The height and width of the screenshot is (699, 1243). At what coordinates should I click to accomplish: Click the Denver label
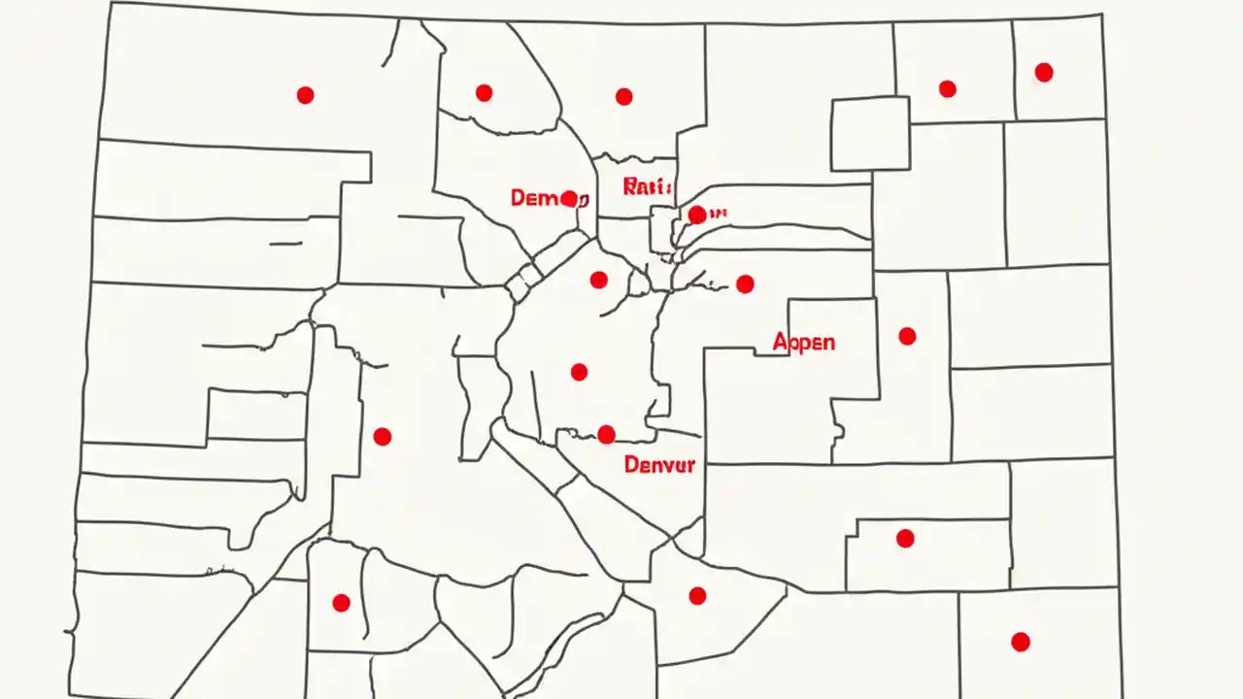pyautogui.click(x=659, y=464)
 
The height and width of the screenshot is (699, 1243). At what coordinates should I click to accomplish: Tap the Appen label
pyautogui.click(x=804, y=342)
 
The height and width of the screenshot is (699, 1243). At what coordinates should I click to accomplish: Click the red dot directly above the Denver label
pyautogui.click(x=606, y=434)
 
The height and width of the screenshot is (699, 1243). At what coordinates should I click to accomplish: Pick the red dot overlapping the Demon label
pyautogui.click(x=569, y=199)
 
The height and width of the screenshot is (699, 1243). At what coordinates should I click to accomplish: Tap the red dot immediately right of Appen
pyautogui.click(x=907, y=336)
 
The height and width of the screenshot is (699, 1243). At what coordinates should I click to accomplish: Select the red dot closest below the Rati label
pyautogui.click(x=696, y=215)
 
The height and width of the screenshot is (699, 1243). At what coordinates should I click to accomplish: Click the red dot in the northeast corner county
pyautogui.click(x=1044, y=72)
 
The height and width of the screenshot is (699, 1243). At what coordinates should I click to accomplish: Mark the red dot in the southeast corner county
pyautogui.click(x=1020, y=642)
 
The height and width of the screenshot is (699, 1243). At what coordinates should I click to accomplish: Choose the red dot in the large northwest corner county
pyautogui.click(x=305, y=95)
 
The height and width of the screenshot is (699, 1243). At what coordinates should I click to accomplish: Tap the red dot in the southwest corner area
pyautogui.click(x=341, y=603)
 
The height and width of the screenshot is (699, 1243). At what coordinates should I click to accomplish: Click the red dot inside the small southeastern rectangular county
pyautogui.click(x=905, y=538)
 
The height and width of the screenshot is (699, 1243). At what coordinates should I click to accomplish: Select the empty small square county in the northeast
pyautogui.click(x=870, y=134)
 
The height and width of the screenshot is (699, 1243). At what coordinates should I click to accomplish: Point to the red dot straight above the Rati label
pyautogui.click(x=623, y=96)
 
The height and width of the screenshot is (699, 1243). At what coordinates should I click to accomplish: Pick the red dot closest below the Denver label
pyautogui.click(x=697, y=595)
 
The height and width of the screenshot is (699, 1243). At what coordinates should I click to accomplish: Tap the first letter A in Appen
pyautogui.click(x=780, y=342)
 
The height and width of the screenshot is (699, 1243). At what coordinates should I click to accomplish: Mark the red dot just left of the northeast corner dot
pyautogui.click(x=947, y=89)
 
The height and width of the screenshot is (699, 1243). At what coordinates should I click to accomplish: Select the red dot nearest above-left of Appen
pyautogui.click(x=745, y=283)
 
